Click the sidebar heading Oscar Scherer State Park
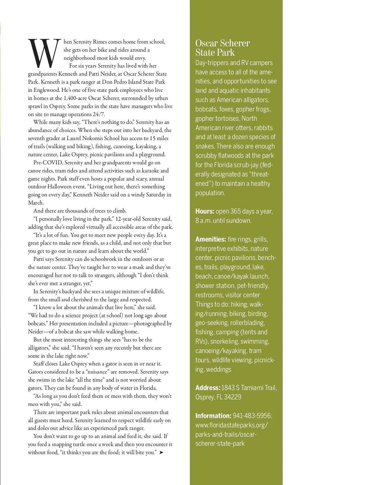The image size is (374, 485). tap(222, 48)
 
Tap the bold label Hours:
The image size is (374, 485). tap(204, 211)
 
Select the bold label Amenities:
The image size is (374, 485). tap(210, 239)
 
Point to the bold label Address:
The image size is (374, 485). tap(208, 388)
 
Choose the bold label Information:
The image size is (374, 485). tap(213, 416)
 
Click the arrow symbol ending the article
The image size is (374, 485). tap(161, 452)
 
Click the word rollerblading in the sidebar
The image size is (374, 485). tap(247, 323)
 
